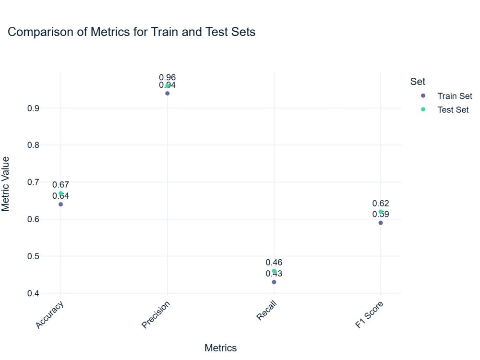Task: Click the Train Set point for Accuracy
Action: [x=60, y=204]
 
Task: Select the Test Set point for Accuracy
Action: [x=60, y=193]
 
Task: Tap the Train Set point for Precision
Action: [x=167, y=93]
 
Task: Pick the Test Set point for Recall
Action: [x=274, y=271]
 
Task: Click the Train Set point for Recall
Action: [x=274, y=282]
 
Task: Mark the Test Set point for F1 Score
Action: [x=381, y=212]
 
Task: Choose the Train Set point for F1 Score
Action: [x=381, y=223]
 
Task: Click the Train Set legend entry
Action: [x=454, y=96]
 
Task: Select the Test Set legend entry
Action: [x=453, y=109]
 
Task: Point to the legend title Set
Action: [x=418, y=82]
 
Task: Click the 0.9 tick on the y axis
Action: [x=33, y=108]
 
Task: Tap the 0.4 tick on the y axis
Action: [x=33, y=293]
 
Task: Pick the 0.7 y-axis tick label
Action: [x=33, y=182]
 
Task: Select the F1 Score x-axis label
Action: [x=369, y=315]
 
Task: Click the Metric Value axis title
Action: [x=6, y=183]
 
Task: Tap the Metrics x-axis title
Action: [x=220, y=348]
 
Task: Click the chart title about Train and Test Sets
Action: [x=132, y=32]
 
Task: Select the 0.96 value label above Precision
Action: [x=167, y=77]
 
